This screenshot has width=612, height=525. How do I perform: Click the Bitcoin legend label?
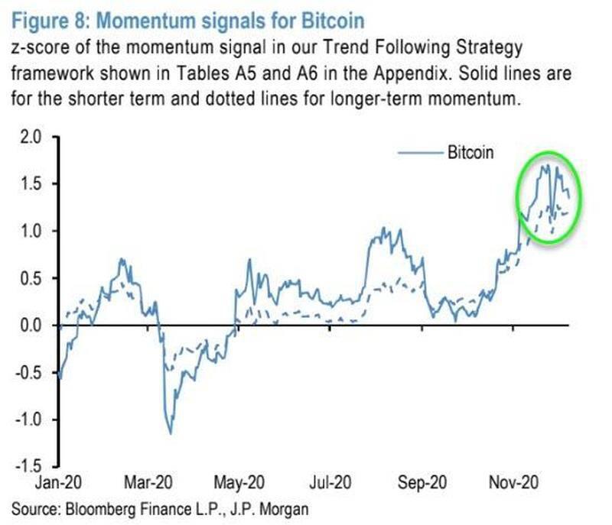(470, 152)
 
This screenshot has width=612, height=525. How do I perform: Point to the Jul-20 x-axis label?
(330, 484)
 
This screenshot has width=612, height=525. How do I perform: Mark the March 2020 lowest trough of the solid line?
(170, 433)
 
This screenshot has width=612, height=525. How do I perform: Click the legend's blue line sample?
(419, 153)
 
